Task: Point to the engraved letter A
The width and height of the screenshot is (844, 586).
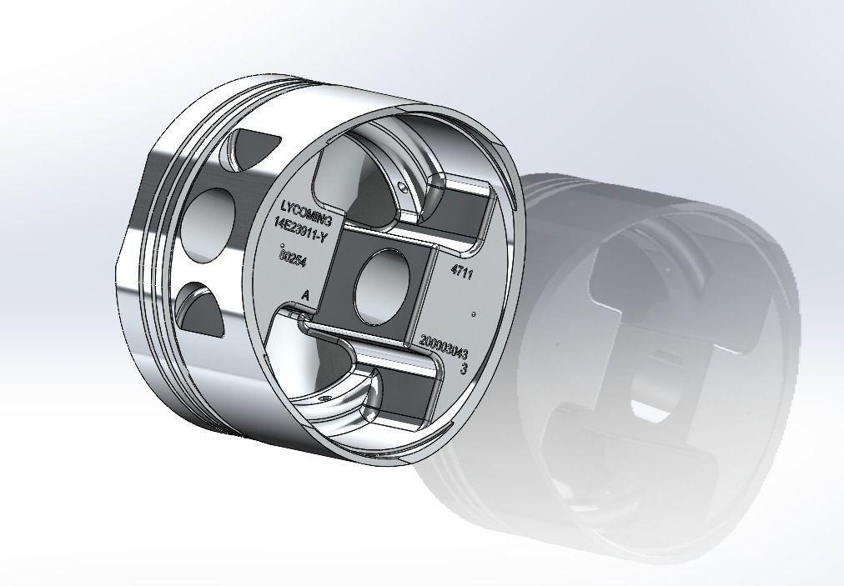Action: tap(305, 295)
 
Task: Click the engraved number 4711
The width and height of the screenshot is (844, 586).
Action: tap(461, 272)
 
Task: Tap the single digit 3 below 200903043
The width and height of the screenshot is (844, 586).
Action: tap(463, 368)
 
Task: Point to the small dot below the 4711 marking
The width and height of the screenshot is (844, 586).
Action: tap(474, 314)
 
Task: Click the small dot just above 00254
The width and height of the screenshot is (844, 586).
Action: tap(283, 244)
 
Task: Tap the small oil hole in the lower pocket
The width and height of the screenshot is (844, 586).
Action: tap(331, 398)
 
